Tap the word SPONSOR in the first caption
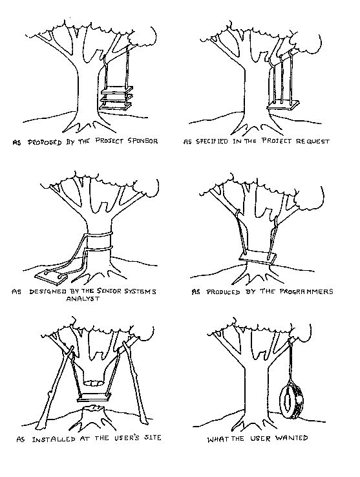[142, 141]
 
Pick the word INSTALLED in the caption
[54, 440]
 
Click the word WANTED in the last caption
[291, 438]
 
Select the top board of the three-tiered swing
[117, 90]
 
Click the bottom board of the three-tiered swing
[116, 106]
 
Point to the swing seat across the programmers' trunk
[258, 258]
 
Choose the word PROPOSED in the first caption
[45, 142]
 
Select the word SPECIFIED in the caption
[211, 142]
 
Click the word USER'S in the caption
[127, 438]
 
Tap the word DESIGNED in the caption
[47, 291]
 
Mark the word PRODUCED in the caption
[223, 292]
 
